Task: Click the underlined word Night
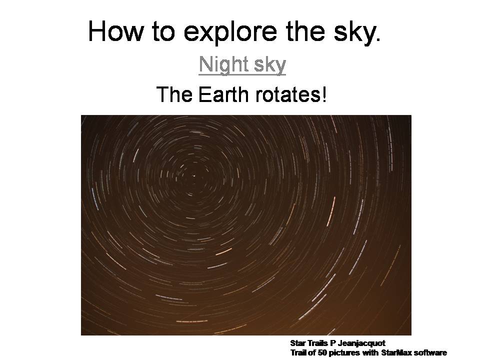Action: coord(223,65)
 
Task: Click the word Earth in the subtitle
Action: coord(223,94)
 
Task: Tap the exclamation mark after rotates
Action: coord(324,94)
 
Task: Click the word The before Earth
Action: coord(174,94)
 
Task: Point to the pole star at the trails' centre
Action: coord(193,175)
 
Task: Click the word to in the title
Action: coord(163,32)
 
